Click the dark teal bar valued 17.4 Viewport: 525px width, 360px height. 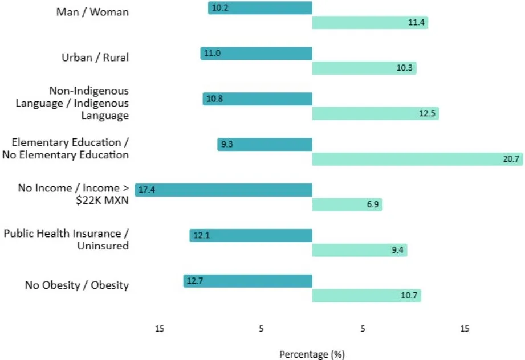pyautogui.click(x=223, y=190)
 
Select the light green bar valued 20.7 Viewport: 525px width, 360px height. pyautogui.click(x=417, y=159)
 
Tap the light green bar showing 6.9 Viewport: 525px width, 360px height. pyautogui.click(x=347, y=204)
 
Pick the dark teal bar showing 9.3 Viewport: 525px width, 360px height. pyautogui.click(x=265, y=144)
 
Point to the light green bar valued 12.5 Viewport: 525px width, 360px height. pyautogui.click(x=375, y=113)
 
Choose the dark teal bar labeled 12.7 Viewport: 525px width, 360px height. pyautogui.click(x=248, y=281)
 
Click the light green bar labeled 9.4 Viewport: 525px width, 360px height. pyautogui.click(x=360, y=250)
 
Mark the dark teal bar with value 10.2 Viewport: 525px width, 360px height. pyautogui.click(x=261, y=7)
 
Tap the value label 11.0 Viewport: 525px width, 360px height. pyautogui.click(x=212, y=54)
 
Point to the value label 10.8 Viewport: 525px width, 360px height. pyautogui.click(x=214, y=99)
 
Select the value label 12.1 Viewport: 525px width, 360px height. pyautogui.click(x=201, y=236)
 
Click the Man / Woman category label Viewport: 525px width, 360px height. pyautogui.click(x=92, y=12)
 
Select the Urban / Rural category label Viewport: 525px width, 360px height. pyautogui.click(x=95, y=58)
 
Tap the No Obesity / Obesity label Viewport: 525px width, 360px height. pyautogui.click(x=77, y=285)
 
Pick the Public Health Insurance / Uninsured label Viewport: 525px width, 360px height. pyautogui.click(x=66, y=240)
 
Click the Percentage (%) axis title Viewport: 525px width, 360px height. pyautogui.click(x=312, y=354)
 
